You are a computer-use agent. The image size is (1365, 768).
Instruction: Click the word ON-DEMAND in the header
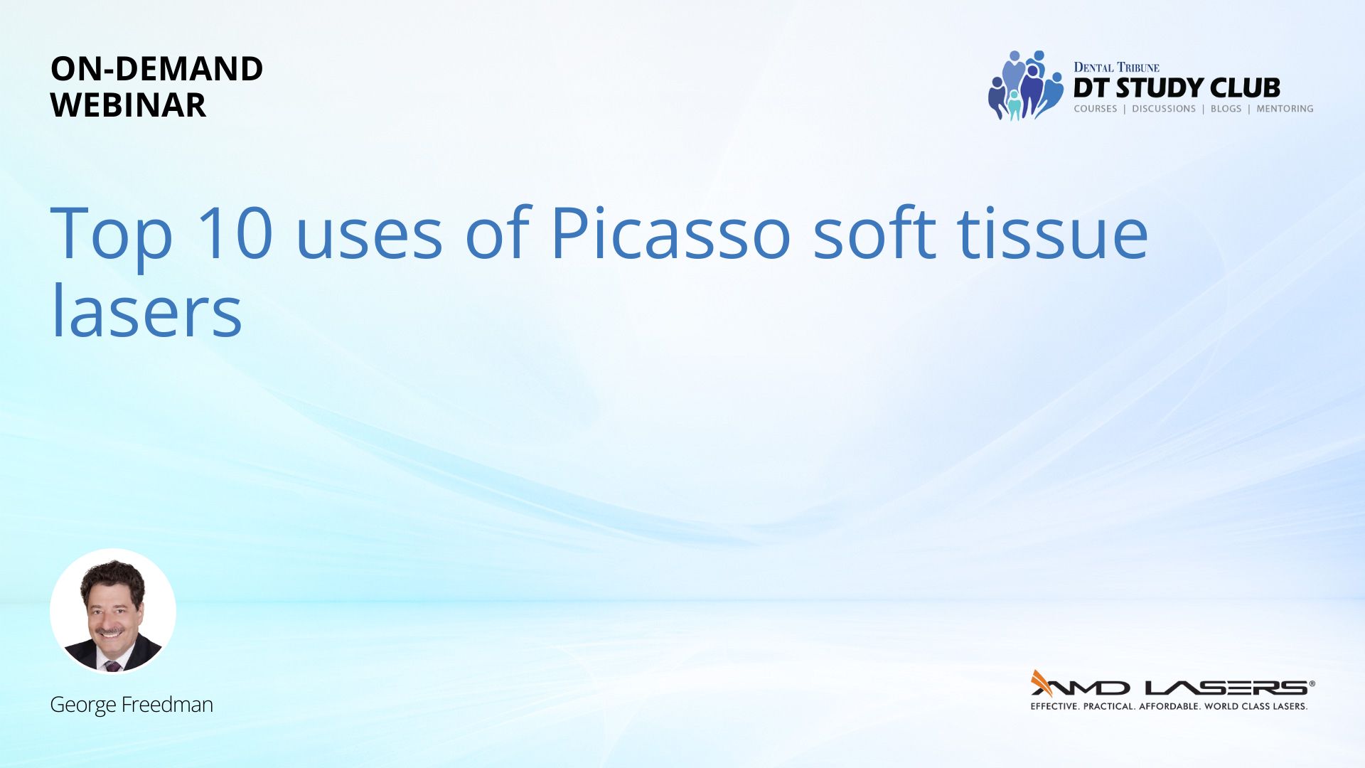click(156, 69)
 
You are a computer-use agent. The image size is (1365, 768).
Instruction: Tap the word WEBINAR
click(128, 105)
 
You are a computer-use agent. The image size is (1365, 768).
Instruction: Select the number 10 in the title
click(235, 233)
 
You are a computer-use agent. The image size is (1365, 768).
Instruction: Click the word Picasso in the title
click(670, 233)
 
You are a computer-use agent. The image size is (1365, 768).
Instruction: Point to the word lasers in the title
click(147, 310)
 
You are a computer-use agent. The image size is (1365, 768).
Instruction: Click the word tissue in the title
click(1053, 233)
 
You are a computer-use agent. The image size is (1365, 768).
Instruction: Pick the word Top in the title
click(112, 238)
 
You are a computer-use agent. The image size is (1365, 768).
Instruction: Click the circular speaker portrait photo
click(113, 612)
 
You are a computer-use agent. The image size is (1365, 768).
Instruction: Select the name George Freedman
click(132, 705)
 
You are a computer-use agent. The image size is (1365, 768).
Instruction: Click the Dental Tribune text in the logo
click(1116, 68)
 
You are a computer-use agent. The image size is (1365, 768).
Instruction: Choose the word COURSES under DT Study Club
click(1096, 109)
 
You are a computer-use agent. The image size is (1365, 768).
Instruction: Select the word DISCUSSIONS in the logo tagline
click(1164, 109)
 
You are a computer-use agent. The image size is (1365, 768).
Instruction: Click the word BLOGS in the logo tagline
click(1226, 109)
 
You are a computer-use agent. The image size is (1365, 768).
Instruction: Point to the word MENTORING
click(1285, 109)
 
